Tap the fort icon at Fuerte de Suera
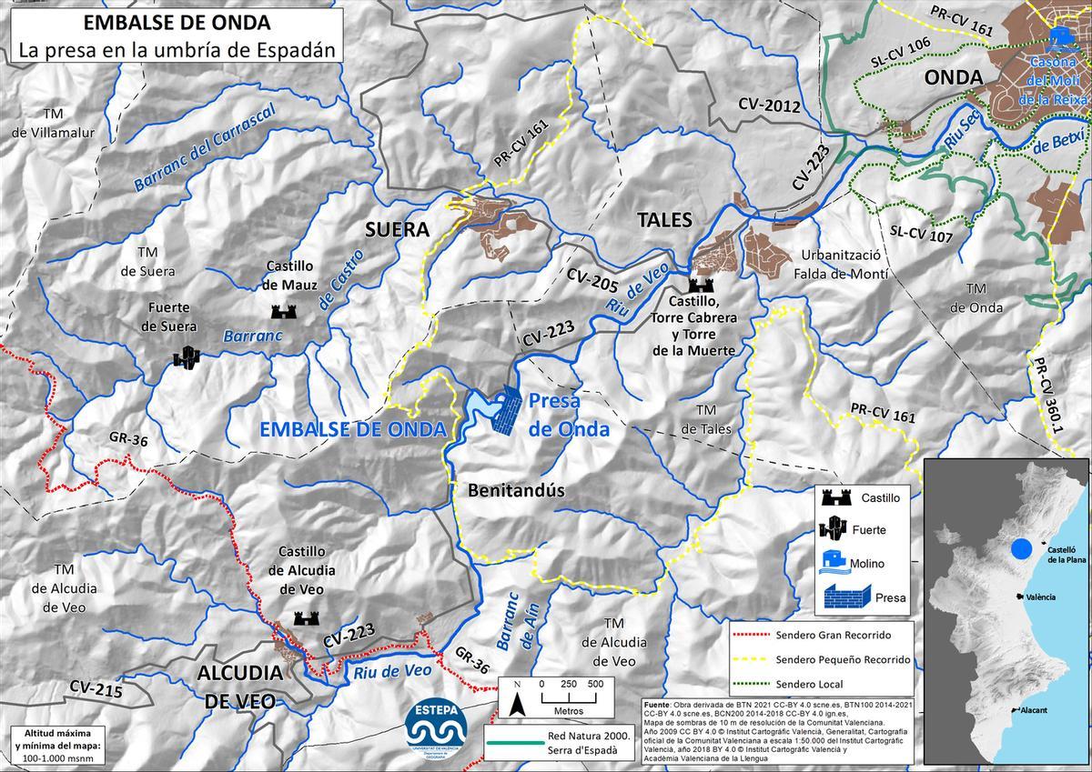click(x=187, y=356)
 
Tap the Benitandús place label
click(x=517, y=491)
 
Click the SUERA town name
click(x=396, y=229)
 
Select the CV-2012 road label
click(x=769, y=105)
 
